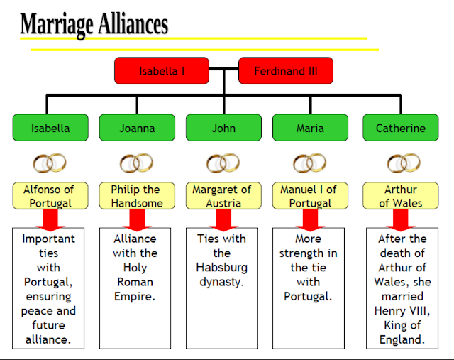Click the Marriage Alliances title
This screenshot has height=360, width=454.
94,24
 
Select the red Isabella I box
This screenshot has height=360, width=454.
162,71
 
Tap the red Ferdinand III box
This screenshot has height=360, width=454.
285,71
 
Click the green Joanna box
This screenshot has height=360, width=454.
137,128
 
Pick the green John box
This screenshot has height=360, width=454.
223,128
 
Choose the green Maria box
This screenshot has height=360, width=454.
310,128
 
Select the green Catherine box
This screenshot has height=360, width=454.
401,128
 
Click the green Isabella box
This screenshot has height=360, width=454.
50,128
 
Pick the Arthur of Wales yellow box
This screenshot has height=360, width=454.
401,196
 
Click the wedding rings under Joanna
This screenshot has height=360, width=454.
136,164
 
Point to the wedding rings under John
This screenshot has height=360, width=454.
223,164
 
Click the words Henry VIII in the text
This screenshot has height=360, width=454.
401,311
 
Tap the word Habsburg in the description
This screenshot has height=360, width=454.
222,268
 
